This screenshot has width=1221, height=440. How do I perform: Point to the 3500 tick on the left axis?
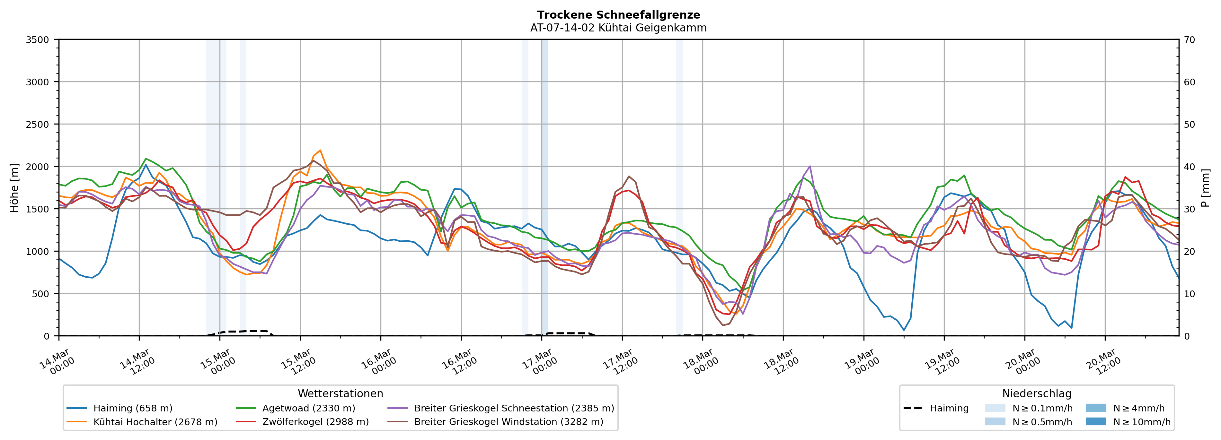pos(38,40)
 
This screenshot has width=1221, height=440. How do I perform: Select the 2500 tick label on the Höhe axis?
pos(38,125)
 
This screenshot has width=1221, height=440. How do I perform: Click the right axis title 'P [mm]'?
pos(1205,187)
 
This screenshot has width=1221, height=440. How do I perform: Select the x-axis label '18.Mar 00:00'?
pos(700,362)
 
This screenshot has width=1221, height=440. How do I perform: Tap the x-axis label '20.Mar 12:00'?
pos(1103,362)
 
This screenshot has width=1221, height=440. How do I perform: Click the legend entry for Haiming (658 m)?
pos(133,408)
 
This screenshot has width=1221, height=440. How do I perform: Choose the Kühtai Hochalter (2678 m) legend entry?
pos(155,422)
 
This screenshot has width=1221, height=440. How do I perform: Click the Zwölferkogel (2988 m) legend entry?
pos(315,422)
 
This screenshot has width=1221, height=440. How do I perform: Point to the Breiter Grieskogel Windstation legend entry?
pos(508,422)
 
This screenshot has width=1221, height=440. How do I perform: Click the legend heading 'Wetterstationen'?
pos(340,393)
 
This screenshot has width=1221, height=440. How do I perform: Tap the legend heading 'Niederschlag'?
pos(1037,393)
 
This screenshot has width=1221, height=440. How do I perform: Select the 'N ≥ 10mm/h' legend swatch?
pos(1096,421)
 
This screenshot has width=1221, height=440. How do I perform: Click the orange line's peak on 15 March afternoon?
pos(320,150)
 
